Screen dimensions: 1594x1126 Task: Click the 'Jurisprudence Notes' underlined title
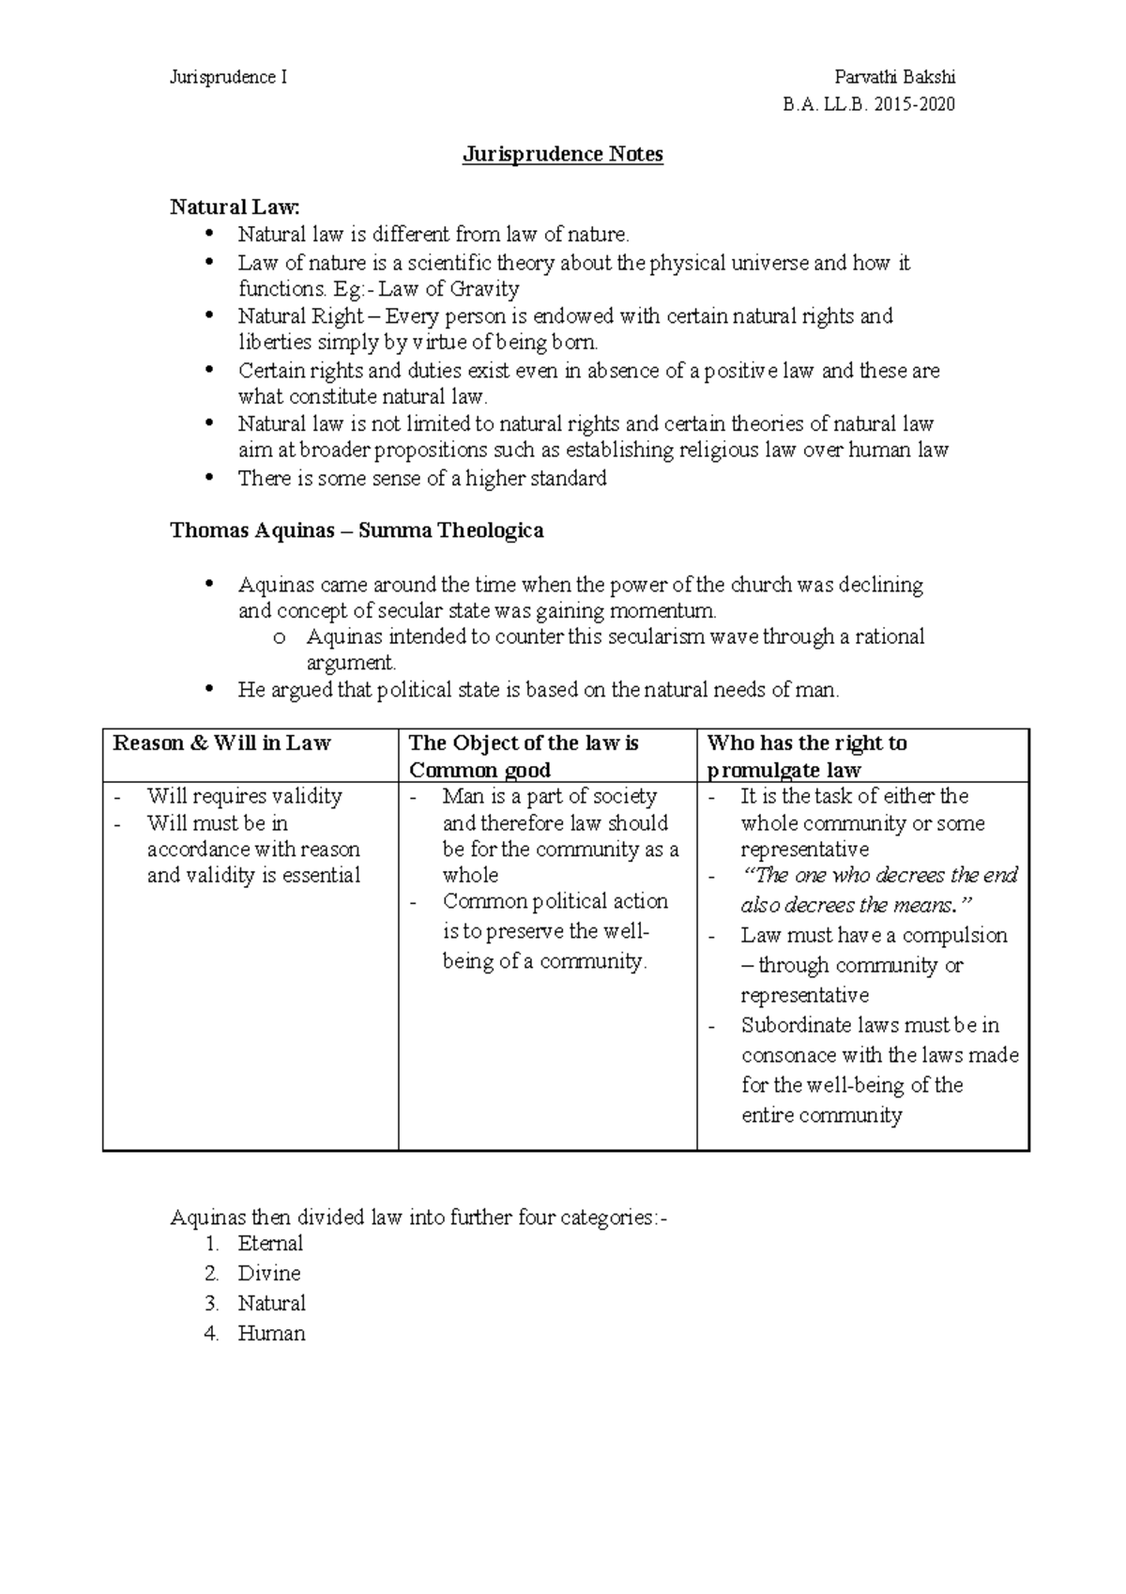(x=562, y=155)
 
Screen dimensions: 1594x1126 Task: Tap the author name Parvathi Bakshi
(x=894, y=78)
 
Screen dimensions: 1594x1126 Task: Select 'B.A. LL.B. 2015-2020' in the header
(x=868, y=104)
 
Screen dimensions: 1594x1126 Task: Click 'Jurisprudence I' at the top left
(x=228, y=78)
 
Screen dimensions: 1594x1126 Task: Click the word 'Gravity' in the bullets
(x=485, y=289)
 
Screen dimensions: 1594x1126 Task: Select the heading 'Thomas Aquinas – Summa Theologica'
(x=357, y=531)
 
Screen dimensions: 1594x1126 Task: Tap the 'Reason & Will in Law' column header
(x=221, y=743)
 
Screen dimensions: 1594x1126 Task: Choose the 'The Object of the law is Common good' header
(x=524, y=757)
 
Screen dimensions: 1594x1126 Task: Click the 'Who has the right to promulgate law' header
(x=807, y=757)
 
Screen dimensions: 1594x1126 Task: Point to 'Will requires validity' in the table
(x=244, y=796)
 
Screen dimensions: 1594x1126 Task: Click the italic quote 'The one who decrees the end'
(x=879, y=876)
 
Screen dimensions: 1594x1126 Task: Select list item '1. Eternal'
(x=269, y=1244)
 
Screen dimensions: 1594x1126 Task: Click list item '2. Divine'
(x=268, y=1274)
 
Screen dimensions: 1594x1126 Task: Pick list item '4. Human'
(x=271, y=1334)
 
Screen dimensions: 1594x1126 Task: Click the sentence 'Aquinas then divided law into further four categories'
(x=418, y=1218)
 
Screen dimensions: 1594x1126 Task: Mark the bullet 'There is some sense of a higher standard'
(x=422, y=479)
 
